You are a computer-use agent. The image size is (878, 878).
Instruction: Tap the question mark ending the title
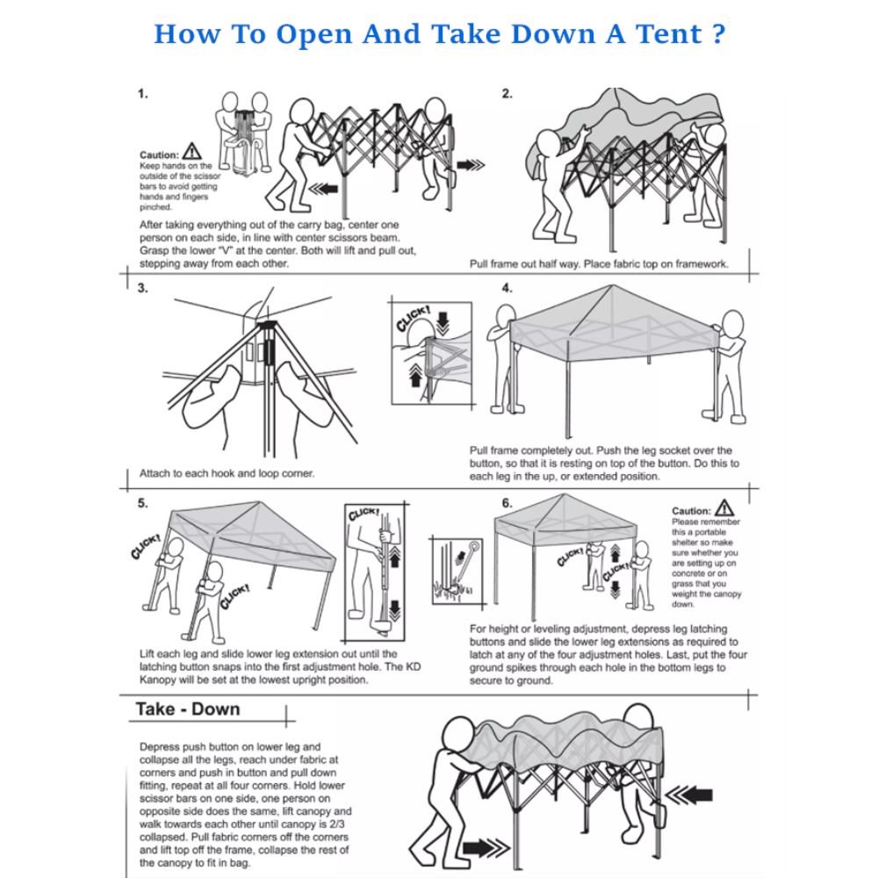(x=719, y=34)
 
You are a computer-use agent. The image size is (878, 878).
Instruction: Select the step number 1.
(x=142, y=93)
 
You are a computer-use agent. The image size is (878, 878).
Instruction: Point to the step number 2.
(x=507, y=93)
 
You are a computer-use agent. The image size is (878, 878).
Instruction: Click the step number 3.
(x=142, y=288)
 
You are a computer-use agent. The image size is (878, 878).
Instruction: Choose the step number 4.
(x=507, y=288)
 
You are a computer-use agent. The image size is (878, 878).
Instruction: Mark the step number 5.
(x=142, y=504)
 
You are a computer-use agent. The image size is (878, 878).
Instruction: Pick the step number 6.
(x=507, y=504)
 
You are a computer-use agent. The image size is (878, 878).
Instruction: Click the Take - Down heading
(x=187, y=709)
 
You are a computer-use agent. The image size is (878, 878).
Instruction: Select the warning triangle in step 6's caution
(x=724, y=507)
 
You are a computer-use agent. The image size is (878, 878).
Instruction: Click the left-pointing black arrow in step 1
(x=326, y=188)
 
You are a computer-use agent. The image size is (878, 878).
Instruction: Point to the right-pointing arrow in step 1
(x=471, y=163)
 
